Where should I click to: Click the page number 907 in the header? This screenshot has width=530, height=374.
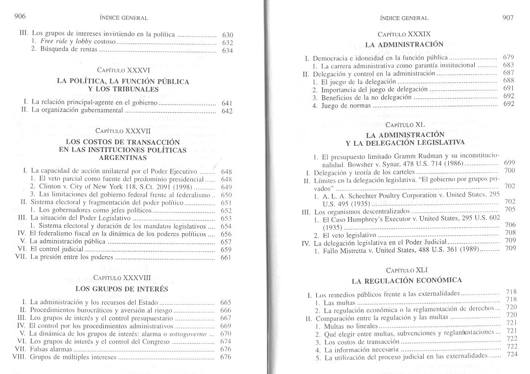[x=507, y=18]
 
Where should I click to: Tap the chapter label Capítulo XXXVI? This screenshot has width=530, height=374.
[x=123, y=70]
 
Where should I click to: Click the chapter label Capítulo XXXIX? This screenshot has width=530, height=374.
[x=404, y=34]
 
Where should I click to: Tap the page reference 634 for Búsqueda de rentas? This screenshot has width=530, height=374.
[x=227, y=50]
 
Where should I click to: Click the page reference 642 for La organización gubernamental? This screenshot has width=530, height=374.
[x=227, y=111]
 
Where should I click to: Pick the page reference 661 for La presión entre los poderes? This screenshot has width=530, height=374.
[x=226, y=258]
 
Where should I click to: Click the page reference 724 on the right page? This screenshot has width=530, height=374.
[x=512, y=355]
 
